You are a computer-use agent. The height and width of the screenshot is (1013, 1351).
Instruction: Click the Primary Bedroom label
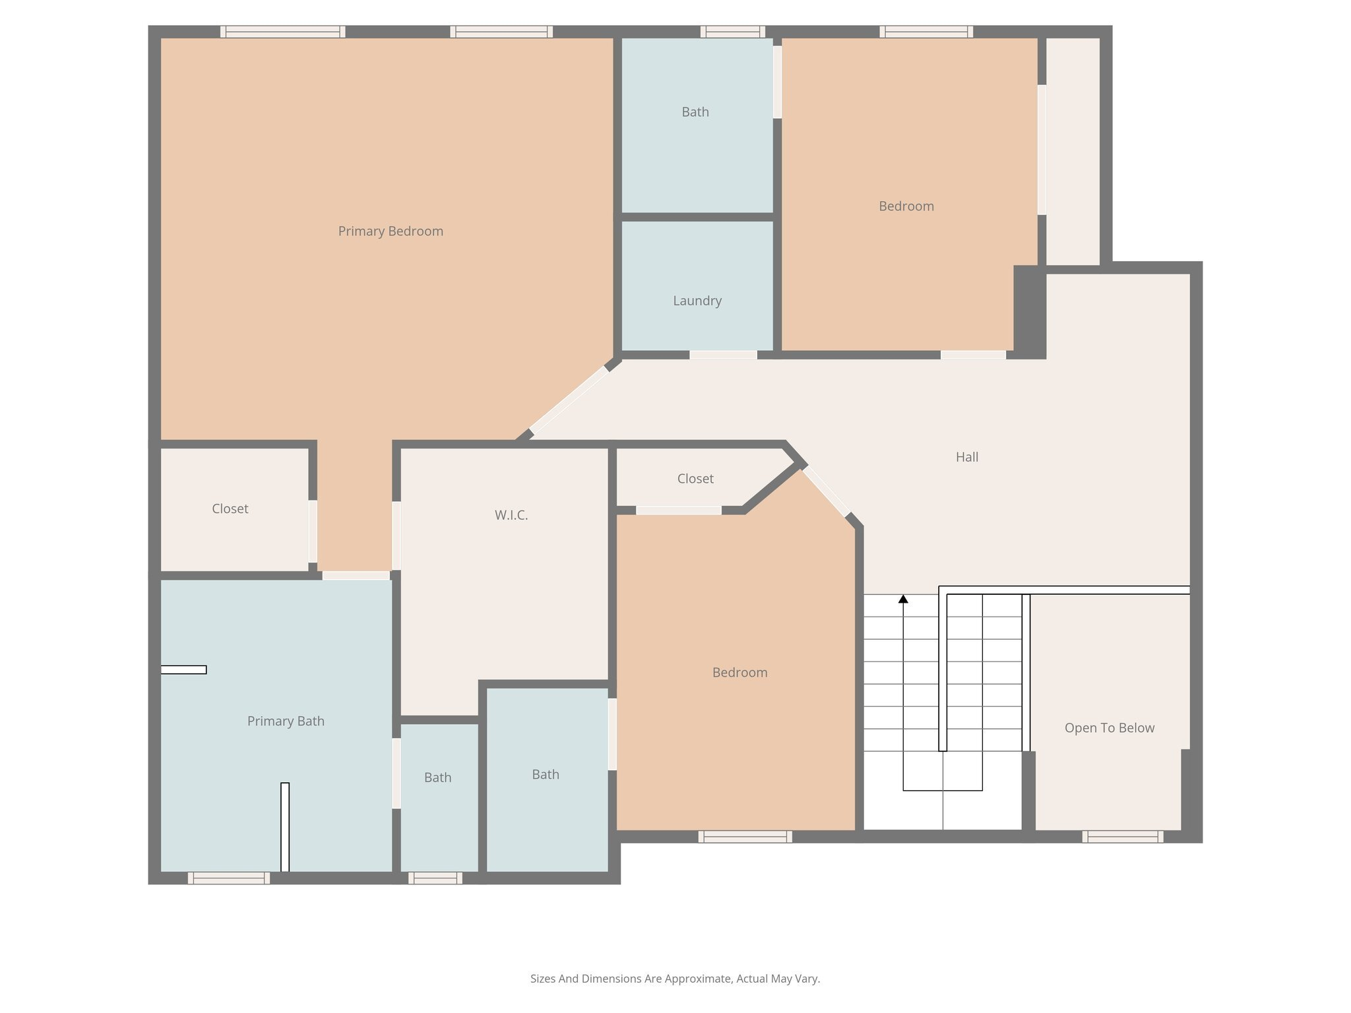391,231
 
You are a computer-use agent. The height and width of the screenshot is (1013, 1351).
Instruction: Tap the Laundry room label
697,301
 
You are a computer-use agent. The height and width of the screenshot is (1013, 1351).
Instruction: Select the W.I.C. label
511,515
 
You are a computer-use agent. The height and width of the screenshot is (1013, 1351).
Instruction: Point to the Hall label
967,456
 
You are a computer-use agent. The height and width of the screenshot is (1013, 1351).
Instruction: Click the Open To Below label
1109,727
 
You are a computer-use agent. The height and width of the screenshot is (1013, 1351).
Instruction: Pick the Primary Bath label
286,721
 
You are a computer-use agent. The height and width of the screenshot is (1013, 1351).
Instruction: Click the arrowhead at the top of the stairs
903,599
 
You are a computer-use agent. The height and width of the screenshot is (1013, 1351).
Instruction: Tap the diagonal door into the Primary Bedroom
569,400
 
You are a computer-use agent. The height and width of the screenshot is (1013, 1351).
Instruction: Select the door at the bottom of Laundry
723,355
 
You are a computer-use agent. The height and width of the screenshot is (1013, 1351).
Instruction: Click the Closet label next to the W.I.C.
695,478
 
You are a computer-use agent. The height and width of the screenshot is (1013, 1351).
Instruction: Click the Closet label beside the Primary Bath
230,508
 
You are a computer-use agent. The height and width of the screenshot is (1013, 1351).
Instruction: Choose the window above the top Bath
732,32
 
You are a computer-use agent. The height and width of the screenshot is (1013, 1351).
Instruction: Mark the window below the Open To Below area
1122,837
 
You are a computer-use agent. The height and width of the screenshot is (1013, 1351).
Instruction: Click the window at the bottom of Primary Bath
228,878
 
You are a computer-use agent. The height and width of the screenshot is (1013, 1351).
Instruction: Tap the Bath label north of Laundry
695,112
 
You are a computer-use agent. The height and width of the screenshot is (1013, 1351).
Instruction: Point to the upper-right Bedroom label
906,206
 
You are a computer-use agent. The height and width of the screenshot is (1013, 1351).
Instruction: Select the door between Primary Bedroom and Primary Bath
356,576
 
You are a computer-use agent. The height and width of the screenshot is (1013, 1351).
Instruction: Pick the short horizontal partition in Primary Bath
183,669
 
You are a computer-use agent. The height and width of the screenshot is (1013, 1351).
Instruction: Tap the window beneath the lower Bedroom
745,837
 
